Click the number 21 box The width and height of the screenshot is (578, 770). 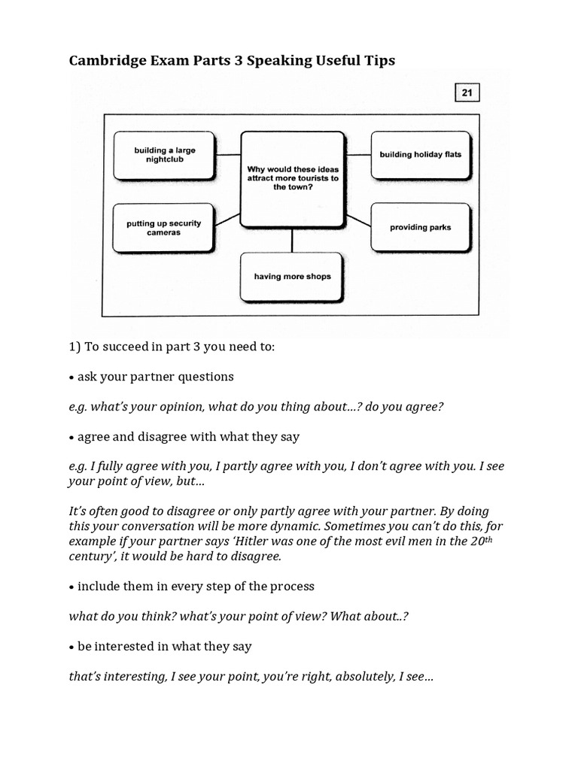tap(467, 92)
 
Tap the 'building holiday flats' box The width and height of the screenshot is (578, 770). tap(420, 155)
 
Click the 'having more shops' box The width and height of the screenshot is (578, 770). tap(292, 276)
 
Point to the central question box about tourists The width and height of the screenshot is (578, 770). tap(292, 179)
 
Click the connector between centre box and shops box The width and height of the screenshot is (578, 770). tap(292, 239)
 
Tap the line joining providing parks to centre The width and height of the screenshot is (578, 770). tap(358, 218)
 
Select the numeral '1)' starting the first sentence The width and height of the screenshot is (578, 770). tap(75, 347)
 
